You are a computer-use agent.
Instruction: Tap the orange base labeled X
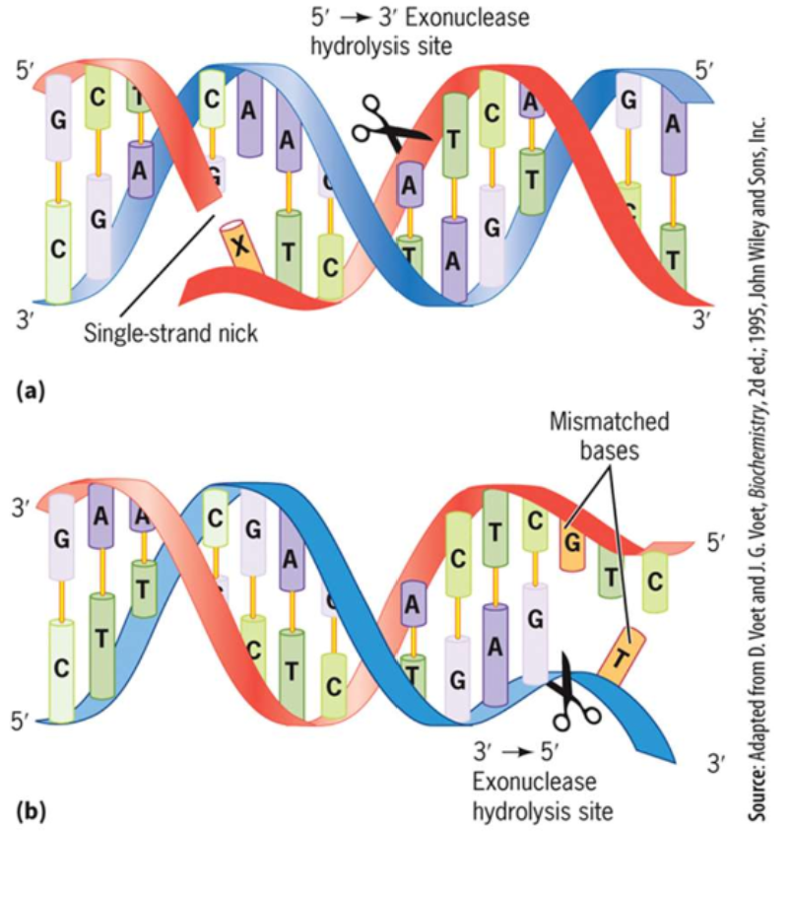[240, 245]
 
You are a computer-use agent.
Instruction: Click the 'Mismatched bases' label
[611, 435]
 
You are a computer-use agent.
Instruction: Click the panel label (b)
[31, 812]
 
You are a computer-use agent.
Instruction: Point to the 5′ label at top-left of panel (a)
[27, 71]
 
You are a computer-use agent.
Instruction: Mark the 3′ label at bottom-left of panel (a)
[27, 317]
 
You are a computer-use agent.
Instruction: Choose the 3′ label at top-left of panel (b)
[22, 510]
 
